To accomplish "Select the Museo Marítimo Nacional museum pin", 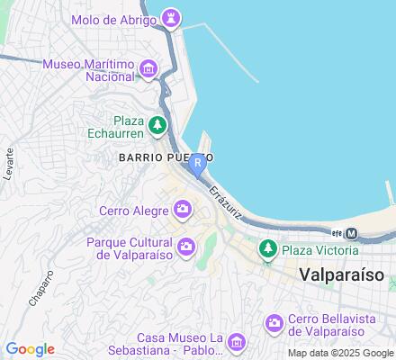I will (148, 68).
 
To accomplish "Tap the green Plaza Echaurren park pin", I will (158, 125).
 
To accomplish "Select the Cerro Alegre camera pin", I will (184, 211).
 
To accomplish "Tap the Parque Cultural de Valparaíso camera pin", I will (186, 246).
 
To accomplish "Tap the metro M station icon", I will (352, 233).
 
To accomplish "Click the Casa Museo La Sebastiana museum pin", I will (236, 342).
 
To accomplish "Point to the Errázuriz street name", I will (225, 203).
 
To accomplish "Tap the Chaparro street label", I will (40, 285).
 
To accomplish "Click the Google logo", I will (31, 349).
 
